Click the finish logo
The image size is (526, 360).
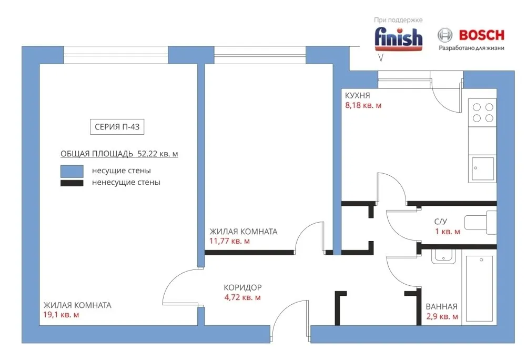(x=399, y=38)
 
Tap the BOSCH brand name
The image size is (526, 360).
(x=481, y=35)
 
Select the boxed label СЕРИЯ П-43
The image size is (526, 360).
(x=117, y=127)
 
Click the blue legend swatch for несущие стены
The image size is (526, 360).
(x=72, y=171)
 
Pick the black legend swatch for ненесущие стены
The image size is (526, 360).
(x=72, y=183)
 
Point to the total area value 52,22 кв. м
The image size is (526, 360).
(x=158, y=154)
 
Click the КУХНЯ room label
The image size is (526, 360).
(x=357, y=95)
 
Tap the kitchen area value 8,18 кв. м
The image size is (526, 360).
(x=363, y=105)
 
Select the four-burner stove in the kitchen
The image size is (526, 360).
(x=482, y=113)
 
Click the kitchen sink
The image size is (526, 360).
(x=482, y=169)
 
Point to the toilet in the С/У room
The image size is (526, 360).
(x=480, y=223)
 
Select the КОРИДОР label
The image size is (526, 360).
(x=242, y=287)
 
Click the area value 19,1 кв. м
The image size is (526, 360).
(x=61, y=315)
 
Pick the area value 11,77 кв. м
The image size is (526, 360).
(x=229, y=241)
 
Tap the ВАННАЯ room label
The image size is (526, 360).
(x=441, y=307)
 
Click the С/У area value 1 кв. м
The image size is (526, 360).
(x=448, y=232)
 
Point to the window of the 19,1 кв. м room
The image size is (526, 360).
(x=116, y=55)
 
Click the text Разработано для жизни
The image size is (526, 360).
(x=471, y=48)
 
